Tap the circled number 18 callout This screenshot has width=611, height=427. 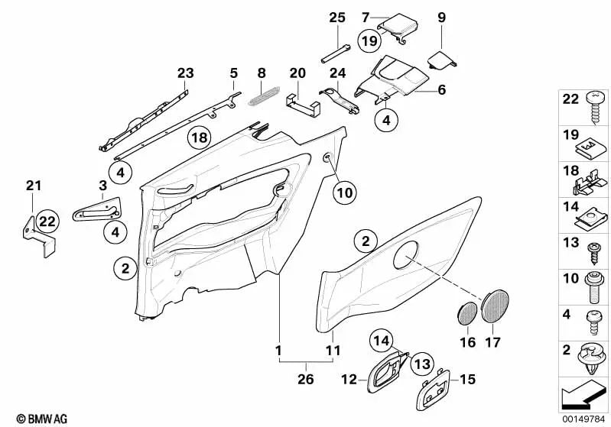click(199, 138)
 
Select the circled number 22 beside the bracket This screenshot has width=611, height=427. click(47, 222)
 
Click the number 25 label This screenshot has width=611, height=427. click(337, 18)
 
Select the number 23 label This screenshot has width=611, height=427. click(185, 73)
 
